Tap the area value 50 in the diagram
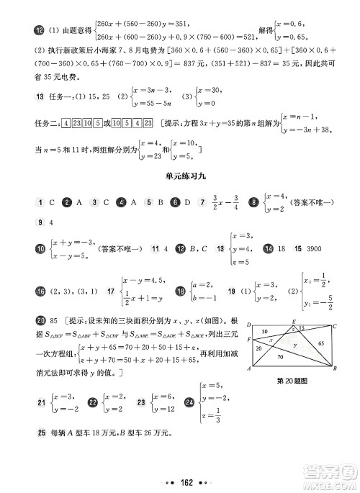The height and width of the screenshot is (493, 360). click(265, 331)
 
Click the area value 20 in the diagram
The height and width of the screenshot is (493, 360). click(260, 348)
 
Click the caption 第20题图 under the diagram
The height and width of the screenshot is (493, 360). click(292, 381)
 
